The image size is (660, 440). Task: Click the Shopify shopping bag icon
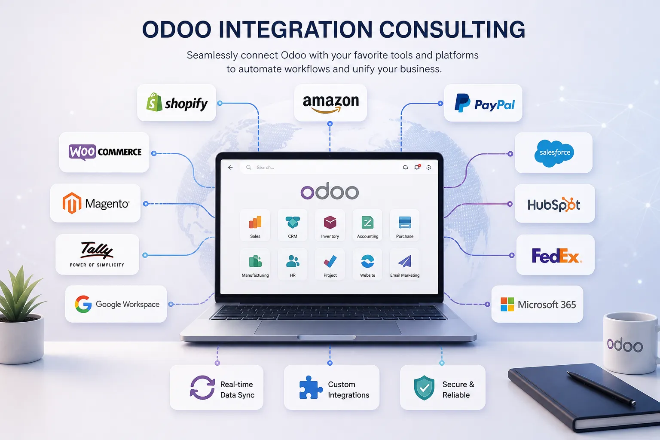pos(154,102)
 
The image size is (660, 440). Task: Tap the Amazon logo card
pos(330,103)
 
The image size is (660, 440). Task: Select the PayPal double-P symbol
pos(462,103)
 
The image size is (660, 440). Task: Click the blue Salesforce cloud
pos(554,153)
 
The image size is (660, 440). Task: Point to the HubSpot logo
pos(553,204)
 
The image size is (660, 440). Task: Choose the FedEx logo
pos(556,256)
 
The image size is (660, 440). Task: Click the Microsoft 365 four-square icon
pos(507,304)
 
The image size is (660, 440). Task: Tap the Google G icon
pos(83,304)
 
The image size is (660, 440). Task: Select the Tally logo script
pos(97,250)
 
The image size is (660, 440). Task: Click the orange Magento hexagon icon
pos(72,203)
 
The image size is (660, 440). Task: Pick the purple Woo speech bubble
pos(82,152)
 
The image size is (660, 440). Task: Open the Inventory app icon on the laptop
pos(330,222)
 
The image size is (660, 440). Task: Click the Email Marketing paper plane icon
pos(405,261)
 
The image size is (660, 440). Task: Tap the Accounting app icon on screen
pos(367,223)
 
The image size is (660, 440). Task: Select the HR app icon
pos(293,261)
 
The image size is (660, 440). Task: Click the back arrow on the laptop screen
pos(230,168)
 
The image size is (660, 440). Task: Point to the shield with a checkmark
pos(424,388)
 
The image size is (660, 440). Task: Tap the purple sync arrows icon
pos(202,388)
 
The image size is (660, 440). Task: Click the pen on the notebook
pos(601,388)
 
